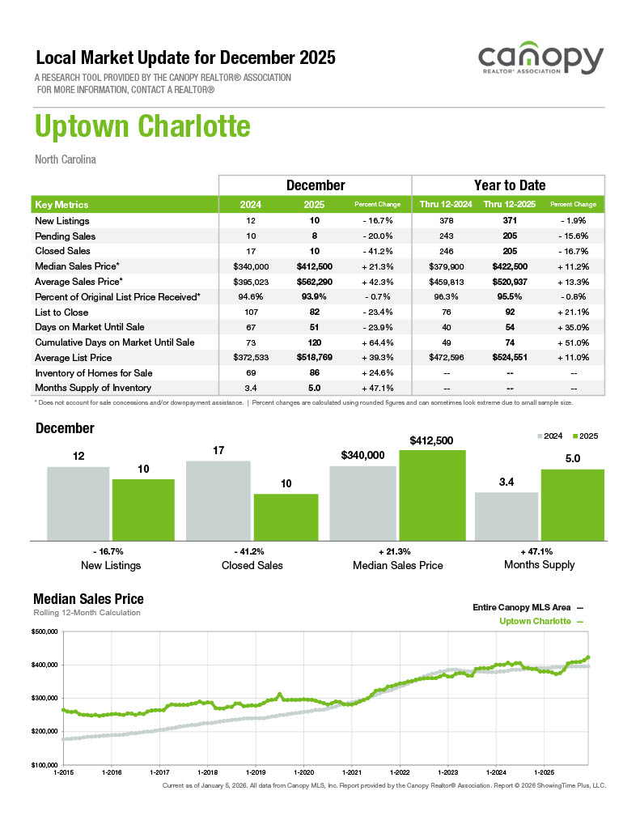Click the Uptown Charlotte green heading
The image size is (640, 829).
(142, 127)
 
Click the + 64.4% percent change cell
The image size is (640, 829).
(378, 342)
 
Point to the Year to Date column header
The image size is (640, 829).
(509, 185)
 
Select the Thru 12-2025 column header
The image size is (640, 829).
(509, 205)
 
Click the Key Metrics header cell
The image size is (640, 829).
(62, 205)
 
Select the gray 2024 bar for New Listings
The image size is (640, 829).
(78, 503)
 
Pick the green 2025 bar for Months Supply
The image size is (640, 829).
(572, 504)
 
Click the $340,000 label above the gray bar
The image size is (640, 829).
(363, 456)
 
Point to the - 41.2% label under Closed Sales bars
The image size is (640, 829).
(252, 551)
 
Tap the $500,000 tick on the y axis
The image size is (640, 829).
(45, 631)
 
